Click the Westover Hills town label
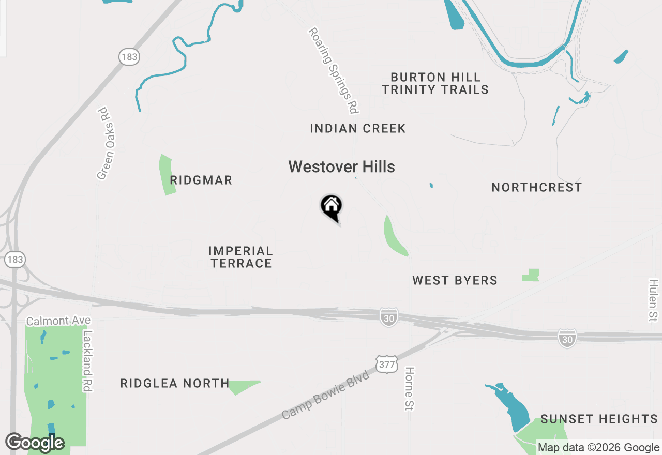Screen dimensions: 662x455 pos(341,167)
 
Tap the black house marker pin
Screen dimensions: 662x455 pos(331,207)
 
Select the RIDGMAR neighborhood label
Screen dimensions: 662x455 pos(201,180)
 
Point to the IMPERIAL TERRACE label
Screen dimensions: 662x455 pos(240,257)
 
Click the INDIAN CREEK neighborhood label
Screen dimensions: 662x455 pos(358,129)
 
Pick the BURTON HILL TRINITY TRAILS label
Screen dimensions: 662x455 pos(435,83)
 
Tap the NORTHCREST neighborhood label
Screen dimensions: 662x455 pos(537,187)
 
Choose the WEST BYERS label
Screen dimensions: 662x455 pos(455,280)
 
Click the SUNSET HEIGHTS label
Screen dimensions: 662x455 pos(599,419)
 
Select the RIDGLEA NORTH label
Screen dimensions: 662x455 pos(175,383)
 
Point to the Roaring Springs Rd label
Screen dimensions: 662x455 pos(334,70)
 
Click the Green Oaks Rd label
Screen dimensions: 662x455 pos(105,143)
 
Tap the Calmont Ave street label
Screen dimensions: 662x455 pos(58,321)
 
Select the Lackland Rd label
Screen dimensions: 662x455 pos(87,361)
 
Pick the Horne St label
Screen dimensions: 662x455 pos(410,389)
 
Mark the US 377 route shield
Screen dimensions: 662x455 pos(387,364)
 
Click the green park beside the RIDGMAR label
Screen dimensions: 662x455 pos(167,175)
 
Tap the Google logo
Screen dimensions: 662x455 pos(35,443)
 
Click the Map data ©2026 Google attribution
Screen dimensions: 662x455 pos(598,448)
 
